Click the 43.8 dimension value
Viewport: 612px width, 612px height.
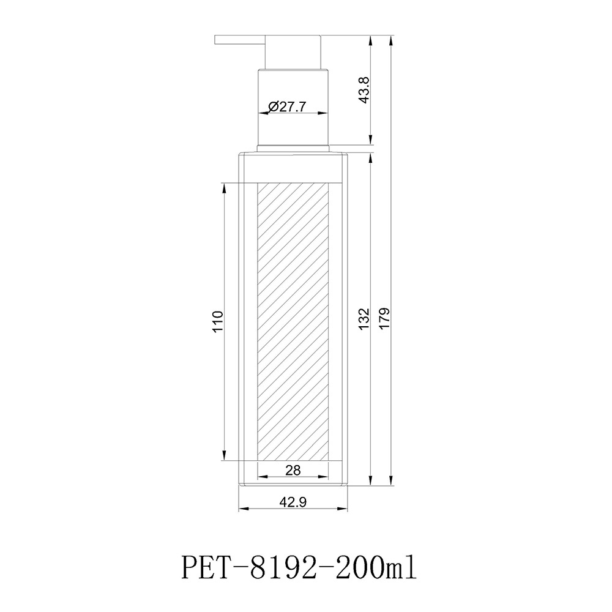364,90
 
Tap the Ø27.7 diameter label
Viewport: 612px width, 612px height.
287,106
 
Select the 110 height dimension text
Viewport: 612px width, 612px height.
218,321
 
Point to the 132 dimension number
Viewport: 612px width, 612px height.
364,318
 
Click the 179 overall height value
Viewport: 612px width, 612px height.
384,318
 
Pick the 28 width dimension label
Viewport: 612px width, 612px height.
293,470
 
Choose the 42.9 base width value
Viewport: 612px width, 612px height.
293,502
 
